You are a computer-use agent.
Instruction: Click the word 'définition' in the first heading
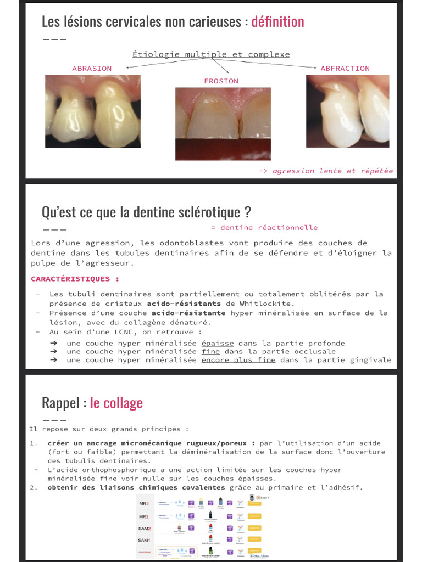277,22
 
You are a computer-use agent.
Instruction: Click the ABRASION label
92,69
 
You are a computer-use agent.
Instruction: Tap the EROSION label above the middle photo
221,81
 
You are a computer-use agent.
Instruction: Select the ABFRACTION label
345,69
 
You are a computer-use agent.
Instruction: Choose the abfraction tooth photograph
347,111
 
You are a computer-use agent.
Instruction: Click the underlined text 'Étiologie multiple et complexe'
211,54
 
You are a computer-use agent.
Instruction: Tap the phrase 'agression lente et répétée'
332,171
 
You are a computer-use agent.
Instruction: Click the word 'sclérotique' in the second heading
212,212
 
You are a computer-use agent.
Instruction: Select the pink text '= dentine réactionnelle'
264,228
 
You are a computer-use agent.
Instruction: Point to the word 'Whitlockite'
268,304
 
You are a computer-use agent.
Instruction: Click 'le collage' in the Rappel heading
116,403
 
